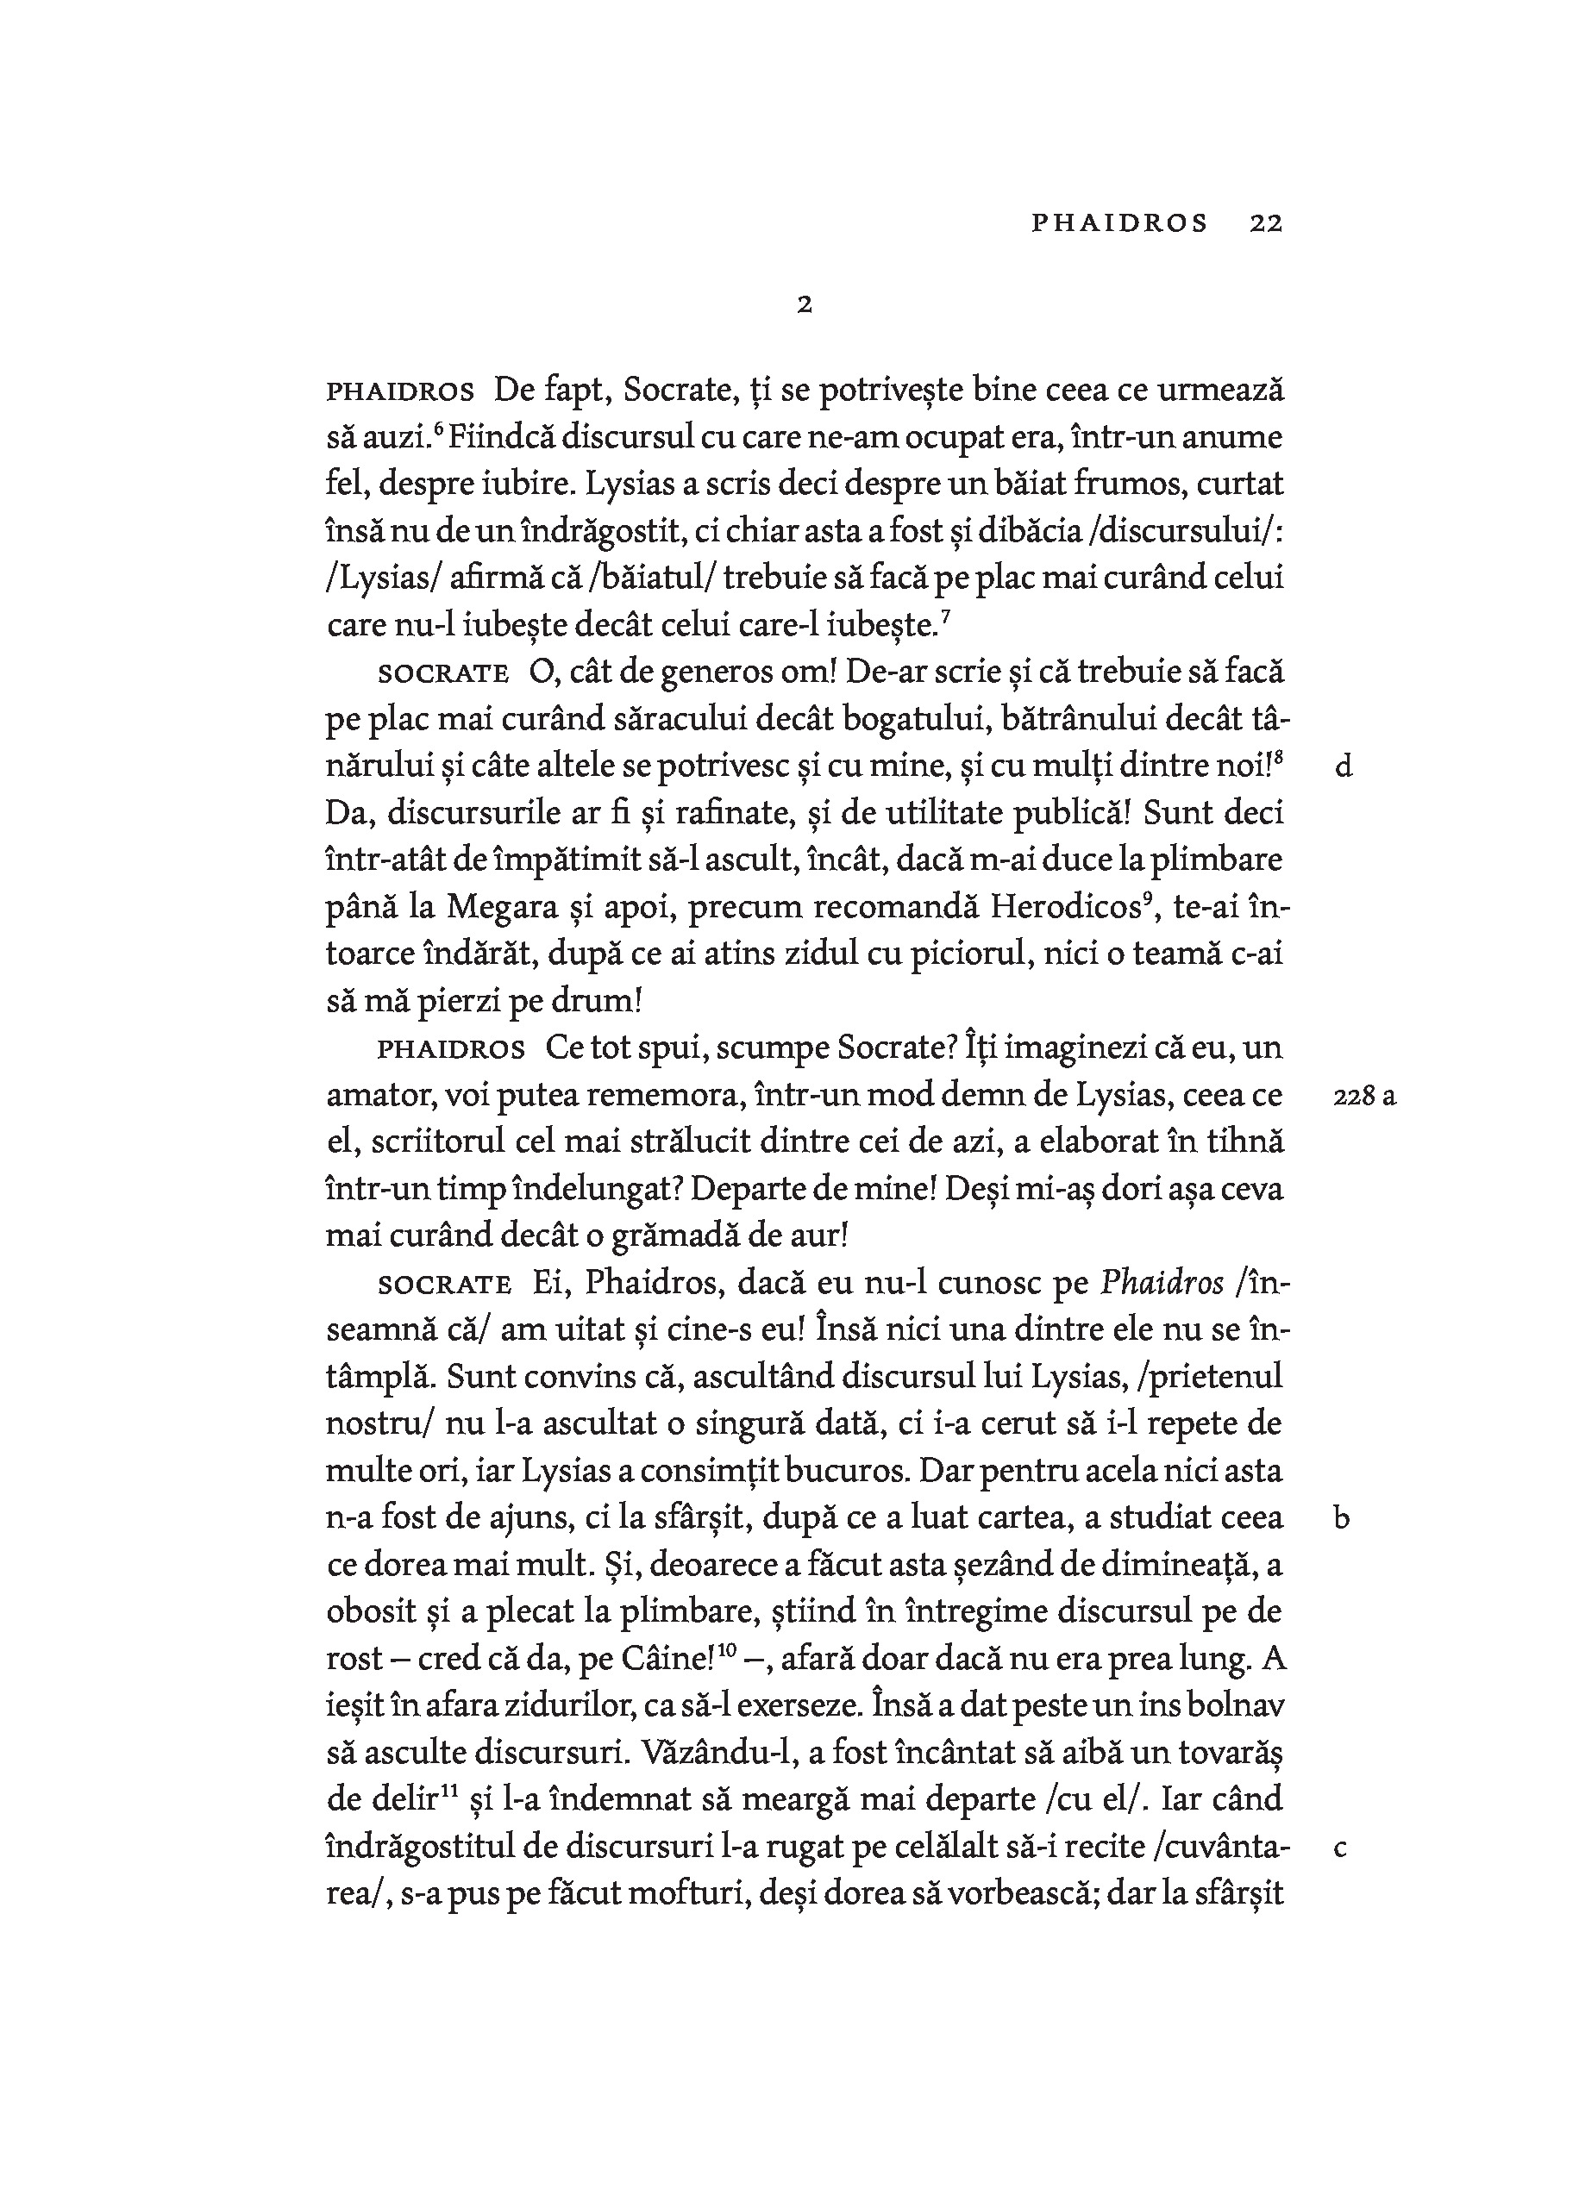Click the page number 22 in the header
(x=1264, y=223)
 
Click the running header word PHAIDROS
(x=1118, y=223)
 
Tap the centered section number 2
(x=804, y=305)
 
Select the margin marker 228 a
(x=1363, y=1097)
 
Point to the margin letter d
(x=1343, y=767)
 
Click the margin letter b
(x=1342, y=1518)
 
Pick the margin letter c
(x=1339, y=1848)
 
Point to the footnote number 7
(x=946, y=619)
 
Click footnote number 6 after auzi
(x=438, y=430)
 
